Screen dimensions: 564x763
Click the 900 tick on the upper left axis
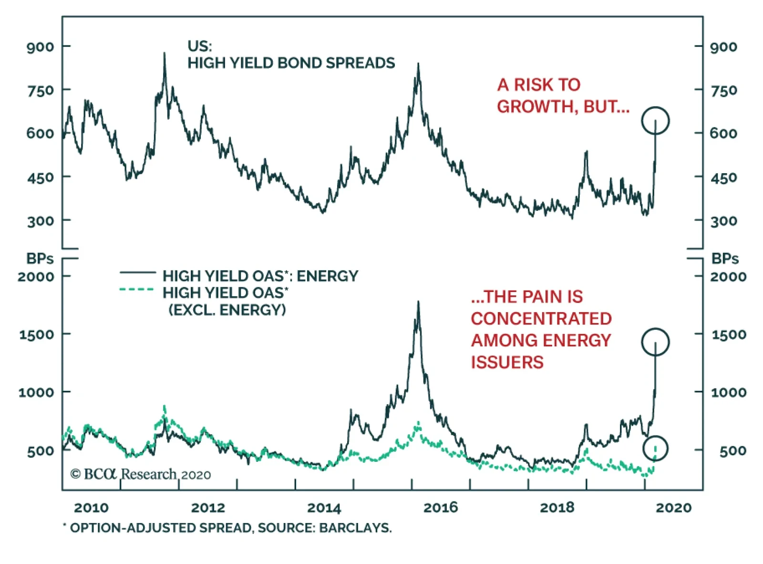coord(41,47)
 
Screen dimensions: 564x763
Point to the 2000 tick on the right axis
coord(728,276)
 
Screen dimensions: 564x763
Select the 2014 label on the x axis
coord(324,507)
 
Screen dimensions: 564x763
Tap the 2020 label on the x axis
coord(673,507)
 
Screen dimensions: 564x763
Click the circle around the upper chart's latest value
coord(655,121)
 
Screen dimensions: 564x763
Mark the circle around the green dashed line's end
coord(655,449)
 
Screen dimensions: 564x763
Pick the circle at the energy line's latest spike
coord(655,342)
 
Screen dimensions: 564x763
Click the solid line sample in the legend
coord(138,273)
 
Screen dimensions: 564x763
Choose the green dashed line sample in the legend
coord(138,289)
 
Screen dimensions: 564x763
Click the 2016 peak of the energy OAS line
coord(418,302)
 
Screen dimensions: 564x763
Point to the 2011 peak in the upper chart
coord(165,53)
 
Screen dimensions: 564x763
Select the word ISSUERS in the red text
coord(507,362)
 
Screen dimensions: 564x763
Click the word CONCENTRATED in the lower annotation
coord(541,319)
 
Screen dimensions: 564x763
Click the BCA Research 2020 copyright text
coord(141,474)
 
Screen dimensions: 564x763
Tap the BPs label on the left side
coord(40,259)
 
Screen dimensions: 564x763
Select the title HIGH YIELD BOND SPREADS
coord(291,63)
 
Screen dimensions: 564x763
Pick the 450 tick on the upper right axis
coord(723,178)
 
